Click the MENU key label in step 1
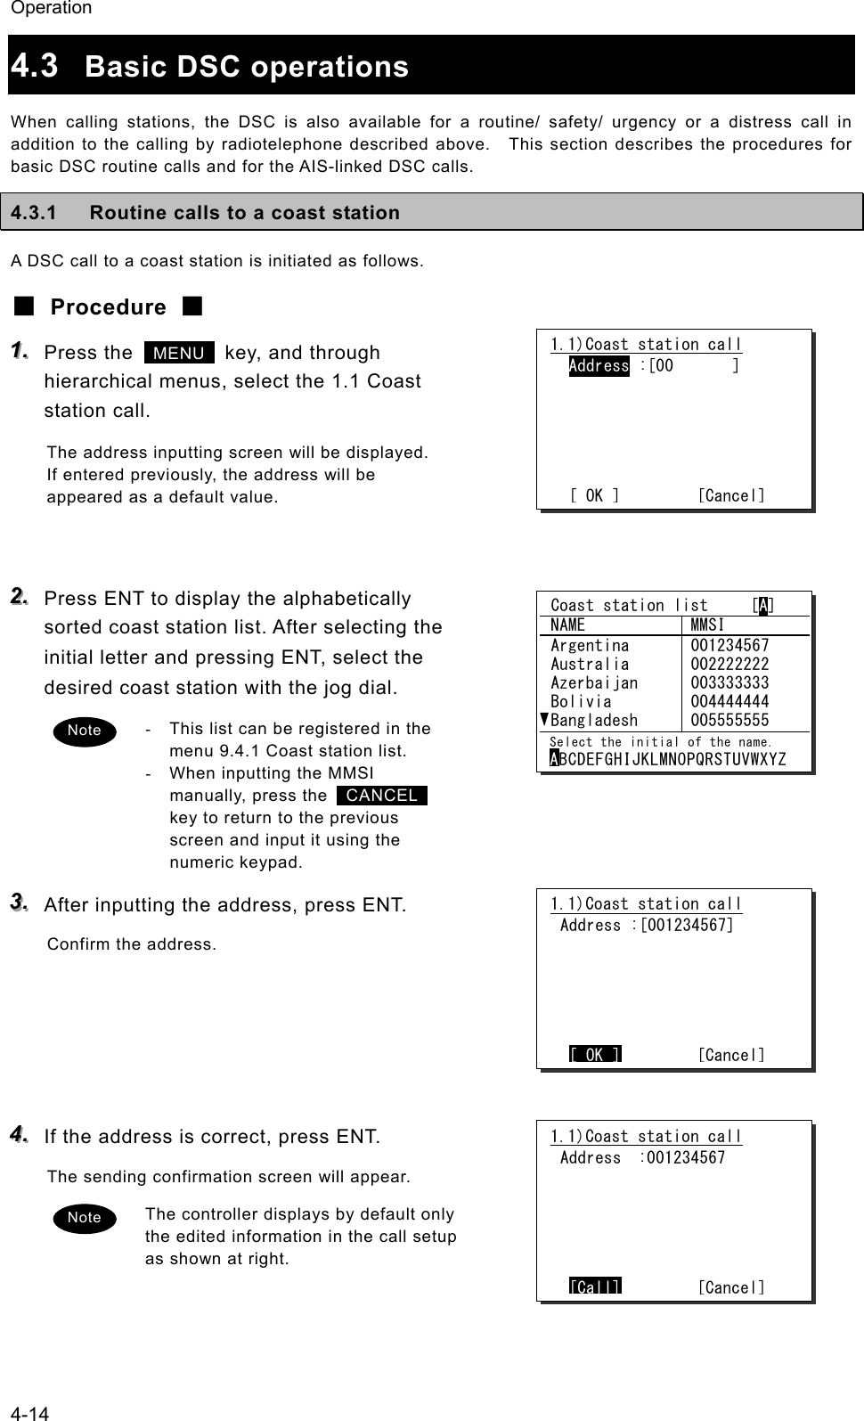click(179, 353)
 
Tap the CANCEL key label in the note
click(382, 796)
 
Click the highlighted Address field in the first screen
click(599, 366)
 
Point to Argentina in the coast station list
click(590, 645)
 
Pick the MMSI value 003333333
click(730, 682)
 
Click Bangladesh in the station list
click(594, 720)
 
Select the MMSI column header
click(707, 625)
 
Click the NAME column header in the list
click(567, 625)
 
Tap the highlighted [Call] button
click(595, 1286)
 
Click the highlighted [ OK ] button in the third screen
click(595, 1055)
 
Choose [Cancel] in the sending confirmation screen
click(730, 1287)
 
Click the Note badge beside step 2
click(85, 731)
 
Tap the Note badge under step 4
click(85, 1218)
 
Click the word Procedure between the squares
click(108, 307)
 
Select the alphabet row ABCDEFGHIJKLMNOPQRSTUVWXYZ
click(668, 759)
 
